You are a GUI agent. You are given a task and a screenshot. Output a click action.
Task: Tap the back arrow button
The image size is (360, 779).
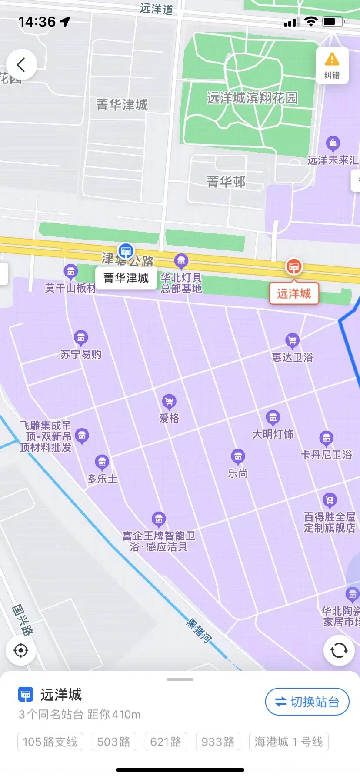tap(21, 65)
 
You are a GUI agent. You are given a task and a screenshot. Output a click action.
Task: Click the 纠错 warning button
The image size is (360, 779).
tap(332, 65)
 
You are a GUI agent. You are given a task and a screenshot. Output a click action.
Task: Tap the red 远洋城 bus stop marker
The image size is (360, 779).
tap(294, 266)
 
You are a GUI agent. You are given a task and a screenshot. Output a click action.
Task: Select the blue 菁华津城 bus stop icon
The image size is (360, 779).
tap(126, 251)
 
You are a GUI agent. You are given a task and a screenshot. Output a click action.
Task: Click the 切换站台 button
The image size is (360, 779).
tap(307, 702)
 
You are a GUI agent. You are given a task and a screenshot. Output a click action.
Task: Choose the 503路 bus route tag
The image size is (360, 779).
tap(114, 742)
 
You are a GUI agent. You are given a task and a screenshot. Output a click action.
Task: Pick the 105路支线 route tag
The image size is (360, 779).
tap(50, 742)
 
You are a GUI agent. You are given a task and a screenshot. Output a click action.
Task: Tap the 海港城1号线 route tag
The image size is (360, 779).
tap(289, 742)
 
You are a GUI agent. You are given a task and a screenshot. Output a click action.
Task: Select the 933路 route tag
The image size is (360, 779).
tap(218, 742)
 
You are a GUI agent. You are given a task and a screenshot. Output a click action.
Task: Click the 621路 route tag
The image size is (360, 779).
tap(166, 742)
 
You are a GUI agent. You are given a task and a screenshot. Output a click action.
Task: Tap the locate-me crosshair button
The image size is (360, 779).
tap(21, 650)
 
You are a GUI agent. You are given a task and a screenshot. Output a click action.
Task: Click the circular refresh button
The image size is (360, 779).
tap(339, 650)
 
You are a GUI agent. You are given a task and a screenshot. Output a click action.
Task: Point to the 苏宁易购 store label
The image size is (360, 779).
tap(81, 354)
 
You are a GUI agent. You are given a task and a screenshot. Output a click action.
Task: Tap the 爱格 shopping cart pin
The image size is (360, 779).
tap(169, 401)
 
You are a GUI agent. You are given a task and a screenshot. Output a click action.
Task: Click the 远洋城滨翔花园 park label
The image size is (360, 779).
tap(252, 98)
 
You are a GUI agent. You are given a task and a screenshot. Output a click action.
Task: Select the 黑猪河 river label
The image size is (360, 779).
tap(199, 631)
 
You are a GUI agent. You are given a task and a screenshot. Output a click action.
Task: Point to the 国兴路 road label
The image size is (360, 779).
tap(22, 619)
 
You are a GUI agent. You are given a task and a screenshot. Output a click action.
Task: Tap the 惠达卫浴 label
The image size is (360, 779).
tap(292, 357)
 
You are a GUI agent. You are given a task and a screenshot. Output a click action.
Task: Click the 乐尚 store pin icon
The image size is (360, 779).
tap(238, 456)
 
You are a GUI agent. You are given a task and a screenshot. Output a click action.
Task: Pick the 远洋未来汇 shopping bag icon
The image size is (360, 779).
tap(333, 143)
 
